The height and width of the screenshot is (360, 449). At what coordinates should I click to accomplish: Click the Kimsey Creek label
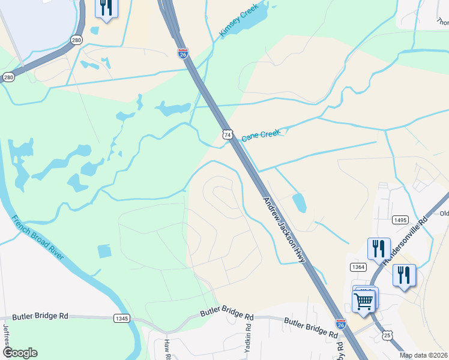[x=239, y=20]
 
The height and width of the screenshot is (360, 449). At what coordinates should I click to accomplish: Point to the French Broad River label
[x=37, y=238]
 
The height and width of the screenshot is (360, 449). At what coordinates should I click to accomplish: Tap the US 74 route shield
[x=227, y=135]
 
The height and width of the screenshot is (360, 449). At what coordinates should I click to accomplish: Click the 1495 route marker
[x=401, y=220]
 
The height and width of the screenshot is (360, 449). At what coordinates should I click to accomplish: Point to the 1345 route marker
[x=121, y=319]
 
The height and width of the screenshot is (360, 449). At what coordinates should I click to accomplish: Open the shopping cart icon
[x=364, y=301]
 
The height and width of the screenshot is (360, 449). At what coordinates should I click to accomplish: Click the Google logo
[x=19, y=353]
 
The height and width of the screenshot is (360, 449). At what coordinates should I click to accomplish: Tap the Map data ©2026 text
[x=423, y=355]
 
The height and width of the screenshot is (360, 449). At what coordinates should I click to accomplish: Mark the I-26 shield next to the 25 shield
[x=340, y=323]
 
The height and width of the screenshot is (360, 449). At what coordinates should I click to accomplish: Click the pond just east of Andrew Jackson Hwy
[x=299, y=203]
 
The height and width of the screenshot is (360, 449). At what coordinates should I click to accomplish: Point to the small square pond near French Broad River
[x=104, y=251]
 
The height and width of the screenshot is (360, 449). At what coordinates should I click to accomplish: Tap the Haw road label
[x=167, y=348]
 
